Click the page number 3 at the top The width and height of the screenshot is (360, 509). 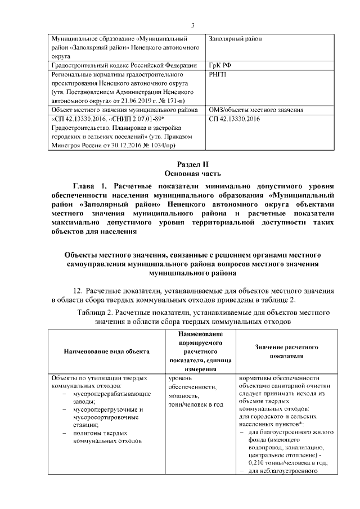click(x=192, y=25)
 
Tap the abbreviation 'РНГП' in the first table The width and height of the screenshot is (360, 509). click(x=218, y=74)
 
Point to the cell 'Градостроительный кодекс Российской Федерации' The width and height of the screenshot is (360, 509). click(x=124, y=66)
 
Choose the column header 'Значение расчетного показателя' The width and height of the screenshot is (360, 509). click(x=286, y=352)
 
